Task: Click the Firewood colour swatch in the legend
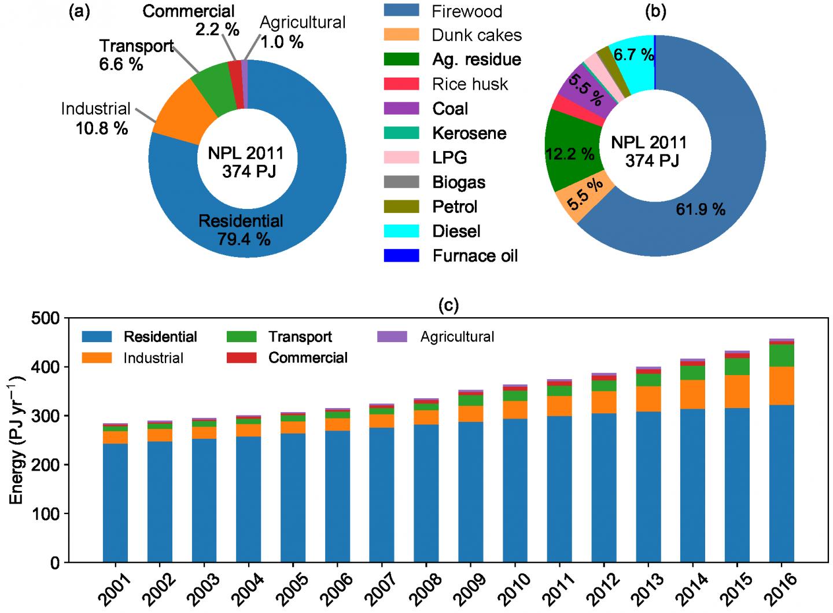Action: [401, 11]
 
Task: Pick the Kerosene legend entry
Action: [469, 133]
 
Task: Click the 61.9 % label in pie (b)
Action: [701, 209]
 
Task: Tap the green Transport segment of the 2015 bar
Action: [737, 366]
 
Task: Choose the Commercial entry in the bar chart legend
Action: [307, 358]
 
